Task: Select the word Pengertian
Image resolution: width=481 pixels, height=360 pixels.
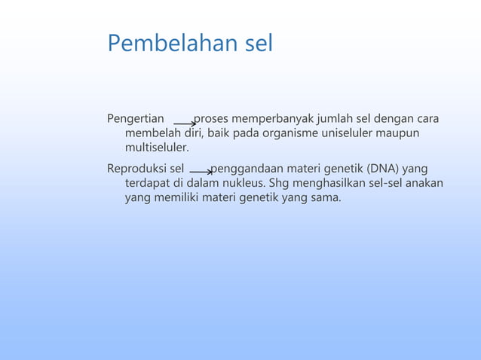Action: coord(136,119)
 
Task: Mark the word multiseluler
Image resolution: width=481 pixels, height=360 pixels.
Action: coord(157,148)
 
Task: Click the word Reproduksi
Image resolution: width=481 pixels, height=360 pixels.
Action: coord(137,168)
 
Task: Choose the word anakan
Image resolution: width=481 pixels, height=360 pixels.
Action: coord(426,182)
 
